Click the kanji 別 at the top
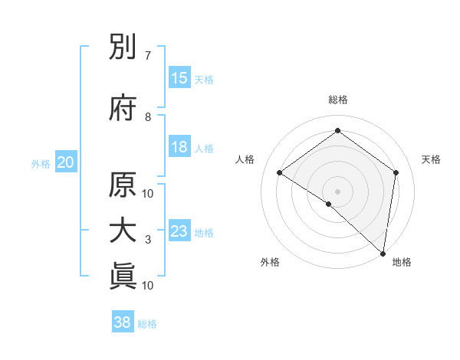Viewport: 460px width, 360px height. [123, 51]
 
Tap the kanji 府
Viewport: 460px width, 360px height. [123, 109]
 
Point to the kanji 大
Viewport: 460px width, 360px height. [123, 231]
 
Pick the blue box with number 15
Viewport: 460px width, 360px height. [179, 78]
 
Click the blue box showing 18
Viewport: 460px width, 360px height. [179, 147]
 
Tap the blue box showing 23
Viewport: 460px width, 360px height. [179, 231]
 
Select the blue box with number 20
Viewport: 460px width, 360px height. [66, 162]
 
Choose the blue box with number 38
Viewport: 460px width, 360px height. [123, 322]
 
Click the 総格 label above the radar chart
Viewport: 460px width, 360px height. [337, 100]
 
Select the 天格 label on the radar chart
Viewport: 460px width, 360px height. [432, 159]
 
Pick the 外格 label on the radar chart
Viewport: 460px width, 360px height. [270, 262]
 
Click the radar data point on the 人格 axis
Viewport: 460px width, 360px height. [280, 172]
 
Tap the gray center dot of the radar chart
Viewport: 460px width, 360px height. [337, 191]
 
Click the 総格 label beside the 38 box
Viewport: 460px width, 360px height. [147, 324]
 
